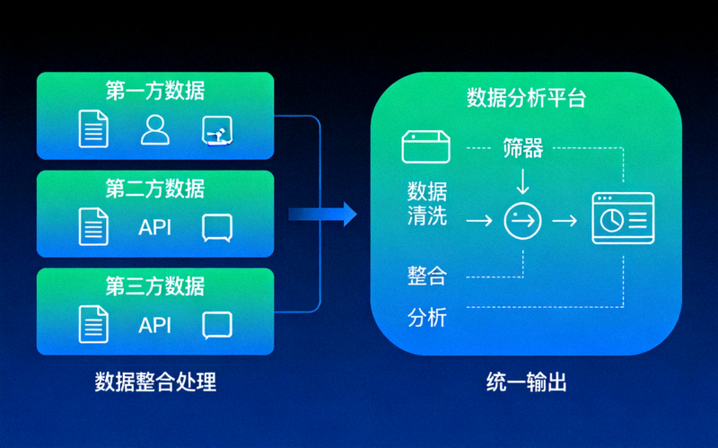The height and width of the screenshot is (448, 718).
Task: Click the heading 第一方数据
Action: pos(155,91)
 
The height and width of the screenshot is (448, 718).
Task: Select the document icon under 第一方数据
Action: pos(92,129)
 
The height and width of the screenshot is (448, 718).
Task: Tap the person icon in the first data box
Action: pos(155,130)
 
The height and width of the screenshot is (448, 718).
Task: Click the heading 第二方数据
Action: pos(155,189)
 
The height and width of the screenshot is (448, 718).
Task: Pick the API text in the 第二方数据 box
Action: pos(154,227)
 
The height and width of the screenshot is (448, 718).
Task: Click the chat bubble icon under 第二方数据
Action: pos(218,228)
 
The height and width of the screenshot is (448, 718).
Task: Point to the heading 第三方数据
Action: pos(155,286)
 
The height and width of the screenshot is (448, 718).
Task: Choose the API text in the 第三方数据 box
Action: pos(154,325)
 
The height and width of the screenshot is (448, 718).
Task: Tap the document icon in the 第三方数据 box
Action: pos(92,324)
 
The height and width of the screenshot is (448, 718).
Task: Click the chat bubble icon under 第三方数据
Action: pos(218,325)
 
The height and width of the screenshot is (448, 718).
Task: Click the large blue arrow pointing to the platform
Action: pos(322,214)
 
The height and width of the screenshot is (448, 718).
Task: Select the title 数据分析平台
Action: pos(526,98)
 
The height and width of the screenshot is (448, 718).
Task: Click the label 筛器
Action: pos(522,148)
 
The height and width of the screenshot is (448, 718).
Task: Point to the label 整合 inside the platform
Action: pos(426,276)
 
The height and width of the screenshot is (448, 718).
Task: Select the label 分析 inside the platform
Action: pos(426,318)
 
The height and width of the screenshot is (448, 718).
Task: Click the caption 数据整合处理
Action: pos(155,382)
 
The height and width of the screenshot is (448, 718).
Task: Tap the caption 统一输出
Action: pos(526,382)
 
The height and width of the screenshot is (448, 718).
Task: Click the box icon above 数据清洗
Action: pos(426,147)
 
